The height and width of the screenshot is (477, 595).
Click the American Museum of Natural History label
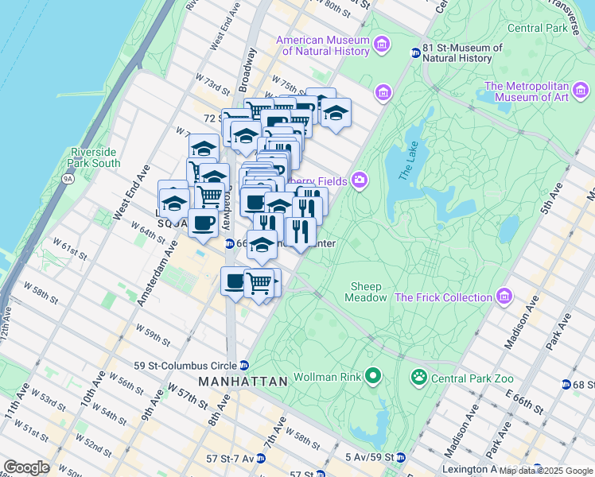pyautogui.click(x=323, y=46)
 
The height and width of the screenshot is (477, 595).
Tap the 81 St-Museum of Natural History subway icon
pyautogui.click(x=415, y=53)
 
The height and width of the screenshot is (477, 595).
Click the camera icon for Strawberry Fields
pyautogui.click(x=360, y=180)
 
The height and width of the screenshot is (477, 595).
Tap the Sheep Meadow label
pyautogui.click(x=366, y=292)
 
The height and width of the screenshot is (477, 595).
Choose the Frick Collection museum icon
pyautogui.click(x=503, y=297)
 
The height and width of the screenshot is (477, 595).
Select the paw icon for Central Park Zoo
pyautogui.click(x=418, y=376)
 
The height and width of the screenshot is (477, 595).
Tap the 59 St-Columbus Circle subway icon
pyautogui.click(x=244, y=366)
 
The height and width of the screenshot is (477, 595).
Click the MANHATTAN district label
pyautogui.click(x=243, y=382)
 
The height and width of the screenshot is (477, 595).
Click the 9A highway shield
pyautogui.click(x=68, y=179)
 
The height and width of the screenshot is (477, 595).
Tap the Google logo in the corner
pyautogui.click(x=26, y=467)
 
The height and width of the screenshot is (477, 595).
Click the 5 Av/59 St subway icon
pyautogui.click(x=401, y=458)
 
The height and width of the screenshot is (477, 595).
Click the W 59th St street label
pyautogui.click(x=154, y=334)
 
